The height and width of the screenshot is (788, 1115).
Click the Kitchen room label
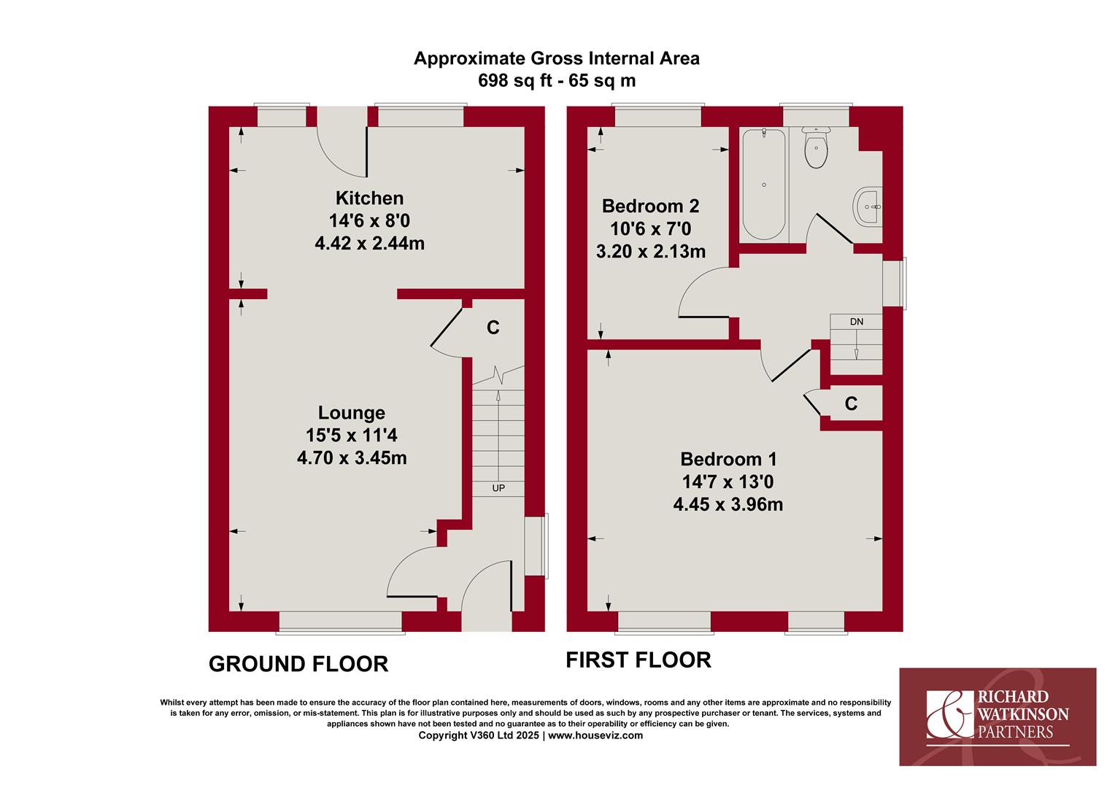click(x=369, y=198)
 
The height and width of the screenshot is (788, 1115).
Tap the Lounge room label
click(x=352, y=413)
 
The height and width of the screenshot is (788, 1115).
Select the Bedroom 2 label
click(x=651, y=206)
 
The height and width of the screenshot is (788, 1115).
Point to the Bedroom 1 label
click(x=728, y=459)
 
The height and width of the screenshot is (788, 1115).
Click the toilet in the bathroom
click(x=816, y=147)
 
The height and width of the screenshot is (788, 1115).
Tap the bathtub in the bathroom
click(x=763, y=184)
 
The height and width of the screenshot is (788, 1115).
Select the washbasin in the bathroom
click(x=868, y=206)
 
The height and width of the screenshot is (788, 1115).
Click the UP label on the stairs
click(x=498, y=488)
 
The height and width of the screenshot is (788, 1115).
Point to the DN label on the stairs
click(x=857, y=322)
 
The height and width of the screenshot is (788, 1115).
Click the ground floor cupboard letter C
click(x=493, y=328)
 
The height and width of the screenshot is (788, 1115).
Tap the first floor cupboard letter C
click(x=851, y=403)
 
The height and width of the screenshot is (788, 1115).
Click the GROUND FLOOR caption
click(x=298, y=664)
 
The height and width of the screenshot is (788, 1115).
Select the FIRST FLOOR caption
click(x=638, y=660)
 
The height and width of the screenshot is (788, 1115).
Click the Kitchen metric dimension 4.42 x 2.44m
click(x=369, y=244)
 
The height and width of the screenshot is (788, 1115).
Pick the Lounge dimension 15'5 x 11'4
click(x=352, y=436)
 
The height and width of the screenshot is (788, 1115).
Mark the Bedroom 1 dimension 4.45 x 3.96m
click(x=728, y=505)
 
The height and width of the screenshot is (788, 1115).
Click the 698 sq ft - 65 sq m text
click(x=557, y=81)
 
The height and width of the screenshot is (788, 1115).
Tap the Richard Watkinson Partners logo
click(x=998, y=716)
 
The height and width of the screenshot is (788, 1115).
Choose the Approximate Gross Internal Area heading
click(x=557, y=59)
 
